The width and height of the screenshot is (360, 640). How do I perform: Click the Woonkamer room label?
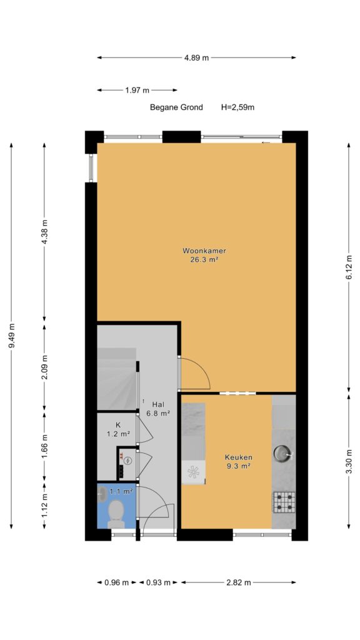point(199,251)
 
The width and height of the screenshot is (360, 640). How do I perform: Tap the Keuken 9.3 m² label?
point(238,462)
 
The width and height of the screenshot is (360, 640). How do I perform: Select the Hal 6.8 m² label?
point(158,409)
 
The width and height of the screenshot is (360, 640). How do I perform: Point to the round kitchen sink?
point(282,452)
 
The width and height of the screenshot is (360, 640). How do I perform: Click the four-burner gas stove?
point(284,502)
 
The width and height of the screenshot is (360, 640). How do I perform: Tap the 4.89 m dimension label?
point(196,57)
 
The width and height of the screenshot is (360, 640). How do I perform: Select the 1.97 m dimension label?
point(137,90)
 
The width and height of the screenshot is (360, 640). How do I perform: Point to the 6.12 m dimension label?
point(349,267)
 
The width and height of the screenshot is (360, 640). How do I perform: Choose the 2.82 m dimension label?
point(239,582)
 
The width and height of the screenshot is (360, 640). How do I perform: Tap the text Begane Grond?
point(176,107)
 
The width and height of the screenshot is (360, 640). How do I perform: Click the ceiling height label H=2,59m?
point(238,107)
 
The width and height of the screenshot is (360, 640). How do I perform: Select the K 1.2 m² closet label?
point(118,429)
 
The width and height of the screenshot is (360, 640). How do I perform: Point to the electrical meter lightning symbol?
point(128,461)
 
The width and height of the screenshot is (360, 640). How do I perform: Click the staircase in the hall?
point(117,379)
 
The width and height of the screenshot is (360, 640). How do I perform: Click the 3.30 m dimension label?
point(349,461)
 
